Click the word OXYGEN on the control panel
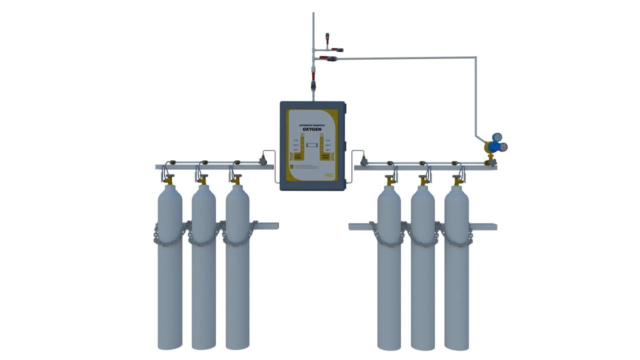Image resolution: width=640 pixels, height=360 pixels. (312, 129)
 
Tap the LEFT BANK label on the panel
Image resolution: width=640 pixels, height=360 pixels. (298, 157)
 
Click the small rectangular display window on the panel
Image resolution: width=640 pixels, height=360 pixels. (312, 145)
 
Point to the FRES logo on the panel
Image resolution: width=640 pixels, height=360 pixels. (329, 175)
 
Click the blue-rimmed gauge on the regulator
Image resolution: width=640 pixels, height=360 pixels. (497, 137)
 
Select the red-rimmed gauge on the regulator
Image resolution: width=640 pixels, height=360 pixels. (503, 147)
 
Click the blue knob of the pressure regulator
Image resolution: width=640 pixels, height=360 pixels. (494, 146)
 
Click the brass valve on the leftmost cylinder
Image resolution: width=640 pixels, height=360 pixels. (170, 178)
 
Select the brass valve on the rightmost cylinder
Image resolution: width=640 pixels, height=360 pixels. (457, 179)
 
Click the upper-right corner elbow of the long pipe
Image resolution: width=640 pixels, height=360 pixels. (475, 58)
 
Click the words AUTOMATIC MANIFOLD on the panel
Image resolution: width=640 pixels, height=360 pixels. (312, 124)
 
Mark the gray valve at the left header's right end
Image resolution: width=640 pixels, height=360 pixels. (262, 160)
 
